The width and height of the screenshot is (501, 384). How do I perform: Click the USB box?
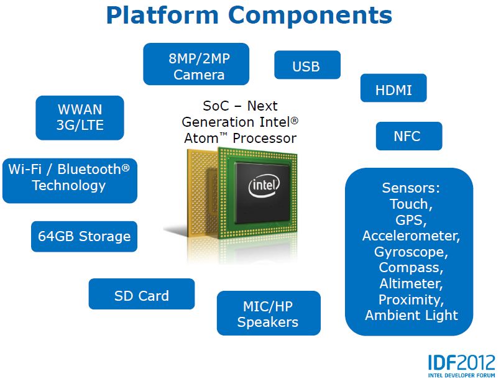tap(307, 65)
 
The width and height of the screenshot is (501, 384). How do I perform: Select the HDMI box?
tap(393, 88)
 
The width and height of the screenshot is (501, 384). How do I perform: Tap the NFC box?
tap(409, 136)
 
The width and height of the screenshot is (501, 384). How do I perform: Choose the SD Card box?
tap(142, 294)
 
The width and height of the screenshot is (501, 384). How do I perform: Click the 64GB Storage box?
tap(84, 236)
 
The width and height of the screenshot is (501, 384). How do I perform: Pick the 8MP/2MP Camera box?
tap(196, 64)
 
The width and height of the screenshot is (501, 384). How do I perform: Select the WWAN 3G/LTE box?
tap(80, 118)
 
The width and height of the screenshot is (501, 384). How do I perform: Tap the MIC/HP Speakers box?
tap(269, 313)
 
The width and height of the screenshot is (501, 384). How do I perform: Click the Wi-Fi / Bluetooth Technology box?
tap(70, 181)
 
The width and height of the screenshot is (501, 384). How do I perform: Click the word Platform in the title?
tap(162, 16)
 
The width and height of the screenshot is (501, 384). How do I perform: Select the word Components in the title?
tap(310, 16)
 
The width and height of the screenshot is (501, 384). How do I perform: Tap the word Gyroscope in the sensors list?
tap(411, 252)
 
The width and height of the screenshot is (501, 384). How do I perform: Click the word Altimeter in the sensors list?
tap(411, 284)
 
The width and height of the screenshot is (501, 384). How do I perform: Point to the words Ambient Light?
tap(411, 315)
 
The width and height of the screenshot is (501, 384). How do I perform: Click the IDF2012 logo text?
tap(461, 363)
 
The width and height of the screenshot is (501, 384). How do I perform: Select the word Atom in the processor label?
tap(201, 139)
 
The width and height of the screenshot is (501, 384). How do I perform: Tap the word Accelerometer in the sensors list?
tap(411, 236)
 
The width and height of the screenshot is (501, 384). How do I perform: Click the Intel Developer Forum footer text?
tap(462, 375)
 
